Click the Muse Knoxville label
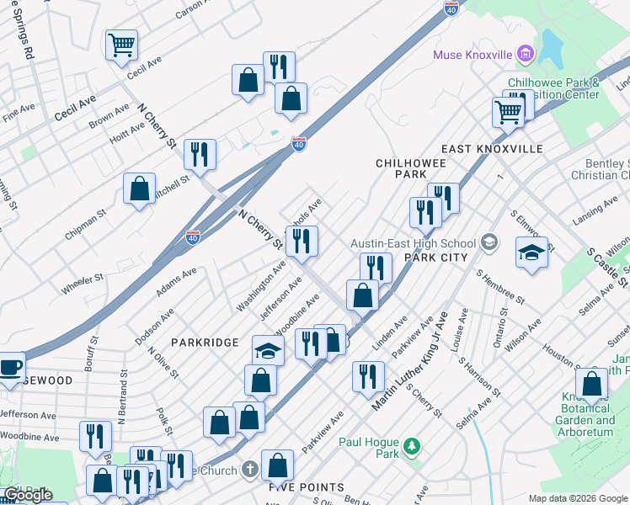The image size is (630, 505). click(x=472, y=55)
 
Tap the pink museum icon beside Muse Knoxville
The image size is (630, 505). click(x=525, y=55)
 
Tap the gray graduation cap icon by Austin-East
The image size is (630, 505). click(x=488, y=243)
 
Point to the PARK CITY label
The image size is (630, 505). click(x=435, y=256)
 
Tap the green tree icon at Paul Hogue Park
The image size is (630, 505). click(x=412, y=444)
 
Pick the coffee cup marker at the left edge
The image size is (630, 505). click(x=11, y=367)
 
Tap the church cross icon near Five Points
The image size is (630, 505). click(x=249, y=469)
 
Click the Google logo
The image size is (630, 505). click(x=28, y=495)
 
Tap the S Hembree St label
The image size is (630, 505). click(x=499, y=287)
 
